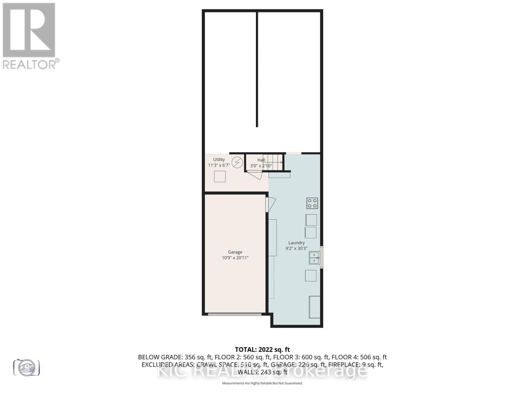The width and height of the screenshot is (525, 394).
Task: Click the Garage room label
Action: pos(235,252)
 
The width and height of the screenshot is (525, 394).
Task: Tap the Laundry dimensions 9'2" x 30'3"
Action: pos(296,249)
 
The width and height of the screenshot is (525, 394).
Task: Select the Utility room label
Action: pos(219,160)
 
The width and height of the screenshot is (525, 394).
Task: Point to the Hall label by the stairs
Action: pos(261,160)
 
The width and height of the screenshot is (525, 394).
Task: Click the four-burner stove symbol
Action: pos(312,203)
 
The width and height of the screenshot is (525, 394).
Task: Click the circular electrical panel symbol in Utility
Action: pos(237,162)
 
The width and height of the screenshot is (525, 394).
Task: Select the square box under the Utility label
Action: pos(220,177)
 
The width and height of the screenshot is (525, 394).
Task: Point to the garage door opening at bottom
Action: pos(235,314)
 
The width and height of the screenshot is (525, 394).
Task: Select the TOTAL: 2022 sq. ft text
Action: pos(262,350)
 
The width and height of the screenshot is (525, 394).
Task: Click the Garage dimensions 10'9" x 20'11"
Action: pos(235,258)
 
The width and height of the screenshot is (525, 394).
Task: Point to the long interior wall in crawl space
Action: pos(257,69)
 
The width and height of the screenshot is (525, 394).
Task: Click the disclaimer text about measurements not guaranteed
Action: pos(262,383)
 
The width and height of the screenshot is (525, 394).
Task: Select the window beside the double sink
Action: pos(322,257)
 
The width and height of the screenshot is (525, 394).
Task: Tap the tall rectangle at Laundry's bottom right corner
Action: pos(315,307)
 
